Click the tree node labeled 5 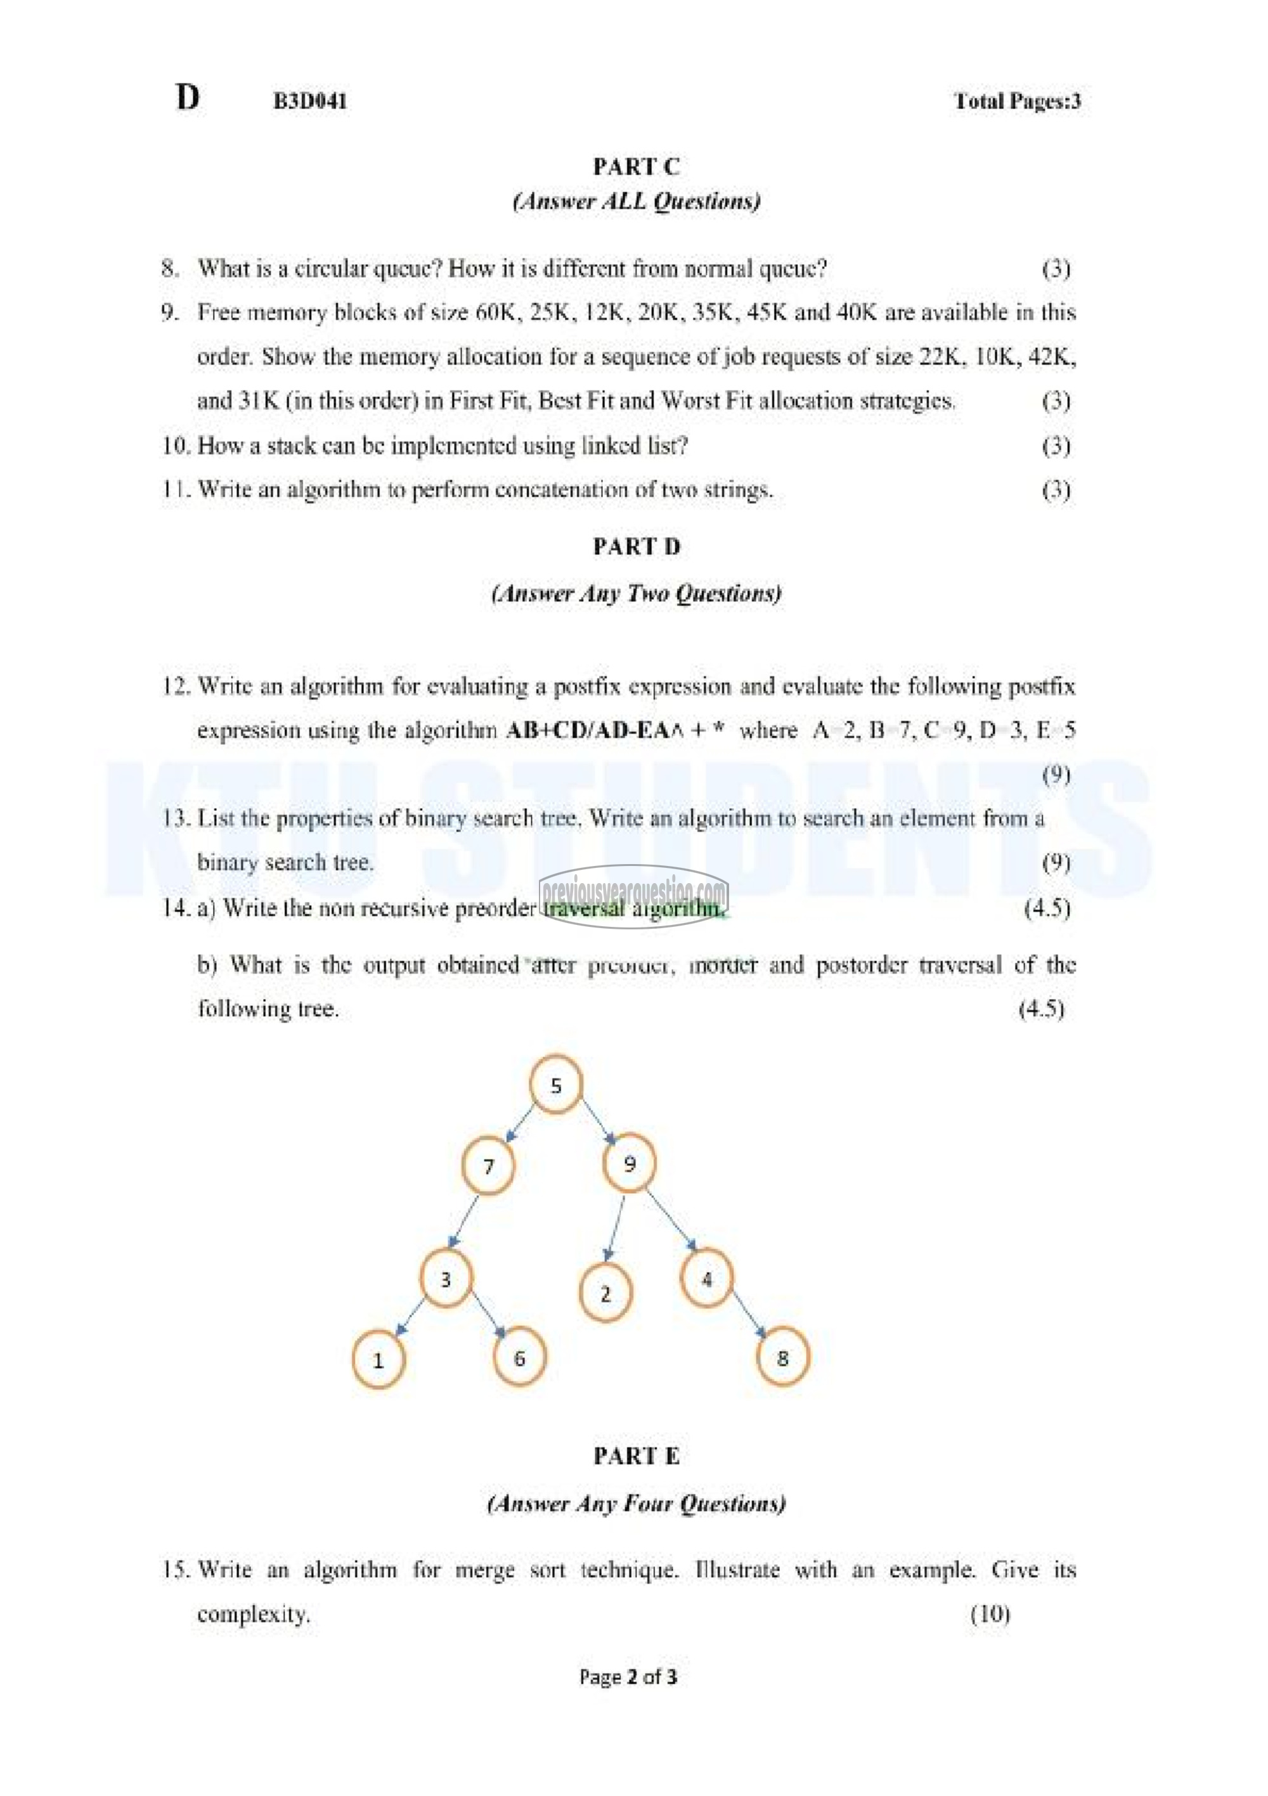(555, 1085)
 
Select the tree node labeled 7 (488, 1166)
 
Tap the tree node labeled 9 (630, 1164)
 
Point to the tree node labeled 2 (605, 1294)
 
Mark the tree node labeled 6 (519, 1358)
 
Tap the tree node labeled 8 (783, 1358)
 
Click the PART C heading (636, 167)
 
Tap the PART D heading (636, 546)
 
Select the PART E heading (636, 1456)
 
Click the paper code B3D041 (310, 101)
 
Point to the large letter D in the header (188, 98)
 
